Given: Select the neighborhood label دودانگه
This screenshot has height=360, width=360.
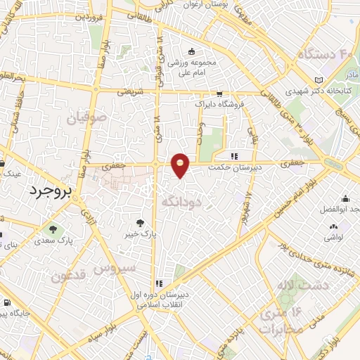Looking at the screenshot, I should [x=182, y=202].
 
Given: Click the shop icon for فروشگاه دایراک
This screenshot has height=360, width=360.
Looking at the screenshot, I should [x=219, y=94].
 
